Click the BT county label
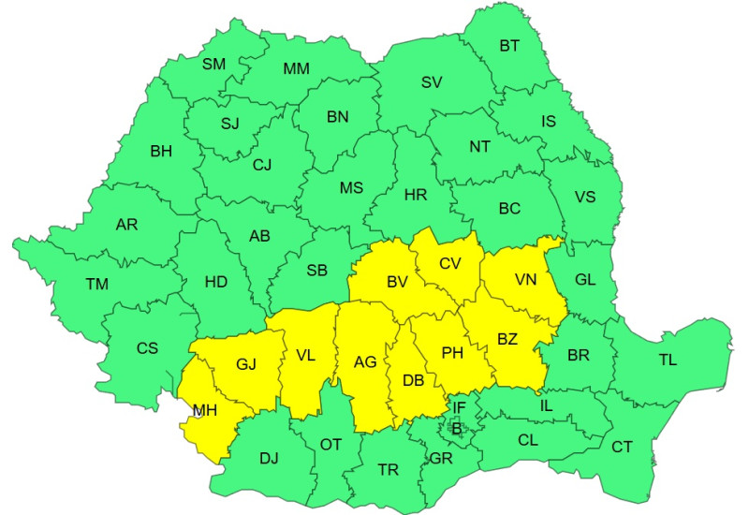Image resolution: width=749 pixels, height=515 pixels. tap(509, 45)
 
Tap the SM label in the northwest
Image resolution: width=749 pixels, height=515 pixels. tap(214, 64)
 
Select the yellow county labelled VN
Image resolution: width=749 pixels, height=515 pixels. tap(524, 278)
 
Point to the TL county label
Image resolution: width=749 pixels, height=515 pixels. tap(668, 360)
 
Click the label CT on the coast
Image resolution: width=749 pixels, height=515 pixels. tap(622, 447)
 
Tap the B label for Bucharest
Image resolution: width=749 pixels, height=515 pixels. tap(457, 429)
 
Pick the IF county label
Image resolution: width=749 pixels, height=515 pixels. tap(459, 407)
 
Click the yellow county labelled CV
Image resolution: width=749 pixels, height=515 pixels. tap(450, 263)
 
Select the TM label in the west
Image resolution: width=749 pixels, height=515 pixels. tap(95, 284)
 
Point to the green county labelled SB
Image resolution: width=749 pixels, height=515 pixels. tap(317, 272)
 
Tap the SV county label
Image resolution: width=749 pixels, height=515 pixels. tap(431, 82)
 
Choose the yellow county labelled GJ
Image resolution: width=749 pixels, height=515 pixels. tap(246, 363)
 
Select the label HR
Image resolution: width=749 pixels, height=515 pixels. tap(416, 196)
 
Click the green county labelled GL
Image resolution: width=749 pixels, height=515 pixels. tap(585, 279)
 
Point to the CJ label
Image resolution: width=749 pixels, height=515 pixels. tap(262, 165)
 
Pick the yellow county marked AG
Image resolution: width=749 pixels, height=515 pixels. tap(364, 362)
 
